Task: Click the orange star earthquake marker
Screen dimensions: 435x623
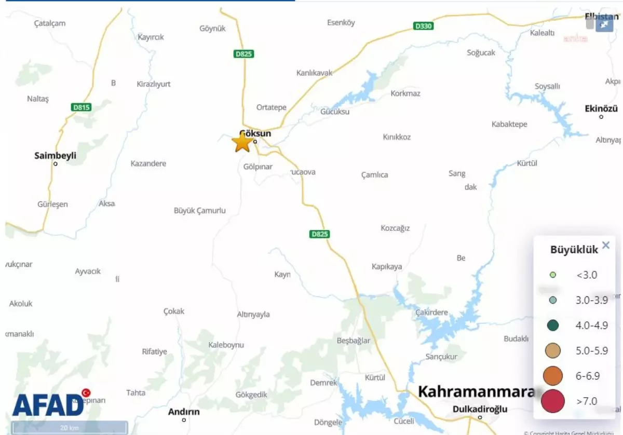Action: [242, 142]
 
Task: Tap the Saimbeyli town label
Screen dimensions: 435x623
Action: [55, 155]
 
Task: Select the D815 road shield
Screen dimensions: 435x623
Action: [82, 107]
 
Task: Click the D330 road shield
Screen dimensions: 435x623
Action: [424, 26]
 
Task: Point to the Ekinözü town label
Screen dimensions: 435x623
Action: [601, 108]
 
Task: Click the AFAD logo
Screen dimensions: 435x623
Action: [48, 404]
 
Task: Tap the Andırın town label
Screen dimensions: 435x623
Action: [184, 412]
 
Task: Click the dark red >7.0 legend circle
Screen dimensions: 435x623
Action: [552, 401]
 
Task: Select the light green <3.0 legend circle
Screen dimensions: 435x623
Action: [553, 275]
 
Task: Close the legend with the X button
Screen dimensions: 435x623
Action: [605, 246]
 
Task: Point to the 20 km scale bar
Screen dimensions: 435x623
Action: [70, 428]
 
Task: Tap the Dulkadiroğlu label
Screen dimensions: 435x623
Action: [480, 409]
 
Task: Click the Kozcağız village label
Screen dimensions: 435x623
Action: [395, 228]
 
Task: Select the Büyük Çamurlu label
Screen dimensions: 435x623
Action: [199, 210]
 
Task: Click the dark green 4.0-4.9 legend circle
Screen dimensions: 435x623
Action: [553, 325]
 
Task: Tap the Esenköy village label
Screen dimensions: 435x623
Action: [341, 22]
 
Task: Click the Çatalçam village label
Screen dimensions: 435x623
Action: [50, 23]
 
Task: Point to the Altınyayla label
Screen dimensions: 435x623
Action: [253, 314]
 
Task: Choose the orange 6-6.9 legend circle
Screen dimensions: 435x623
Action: [553, 375]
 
